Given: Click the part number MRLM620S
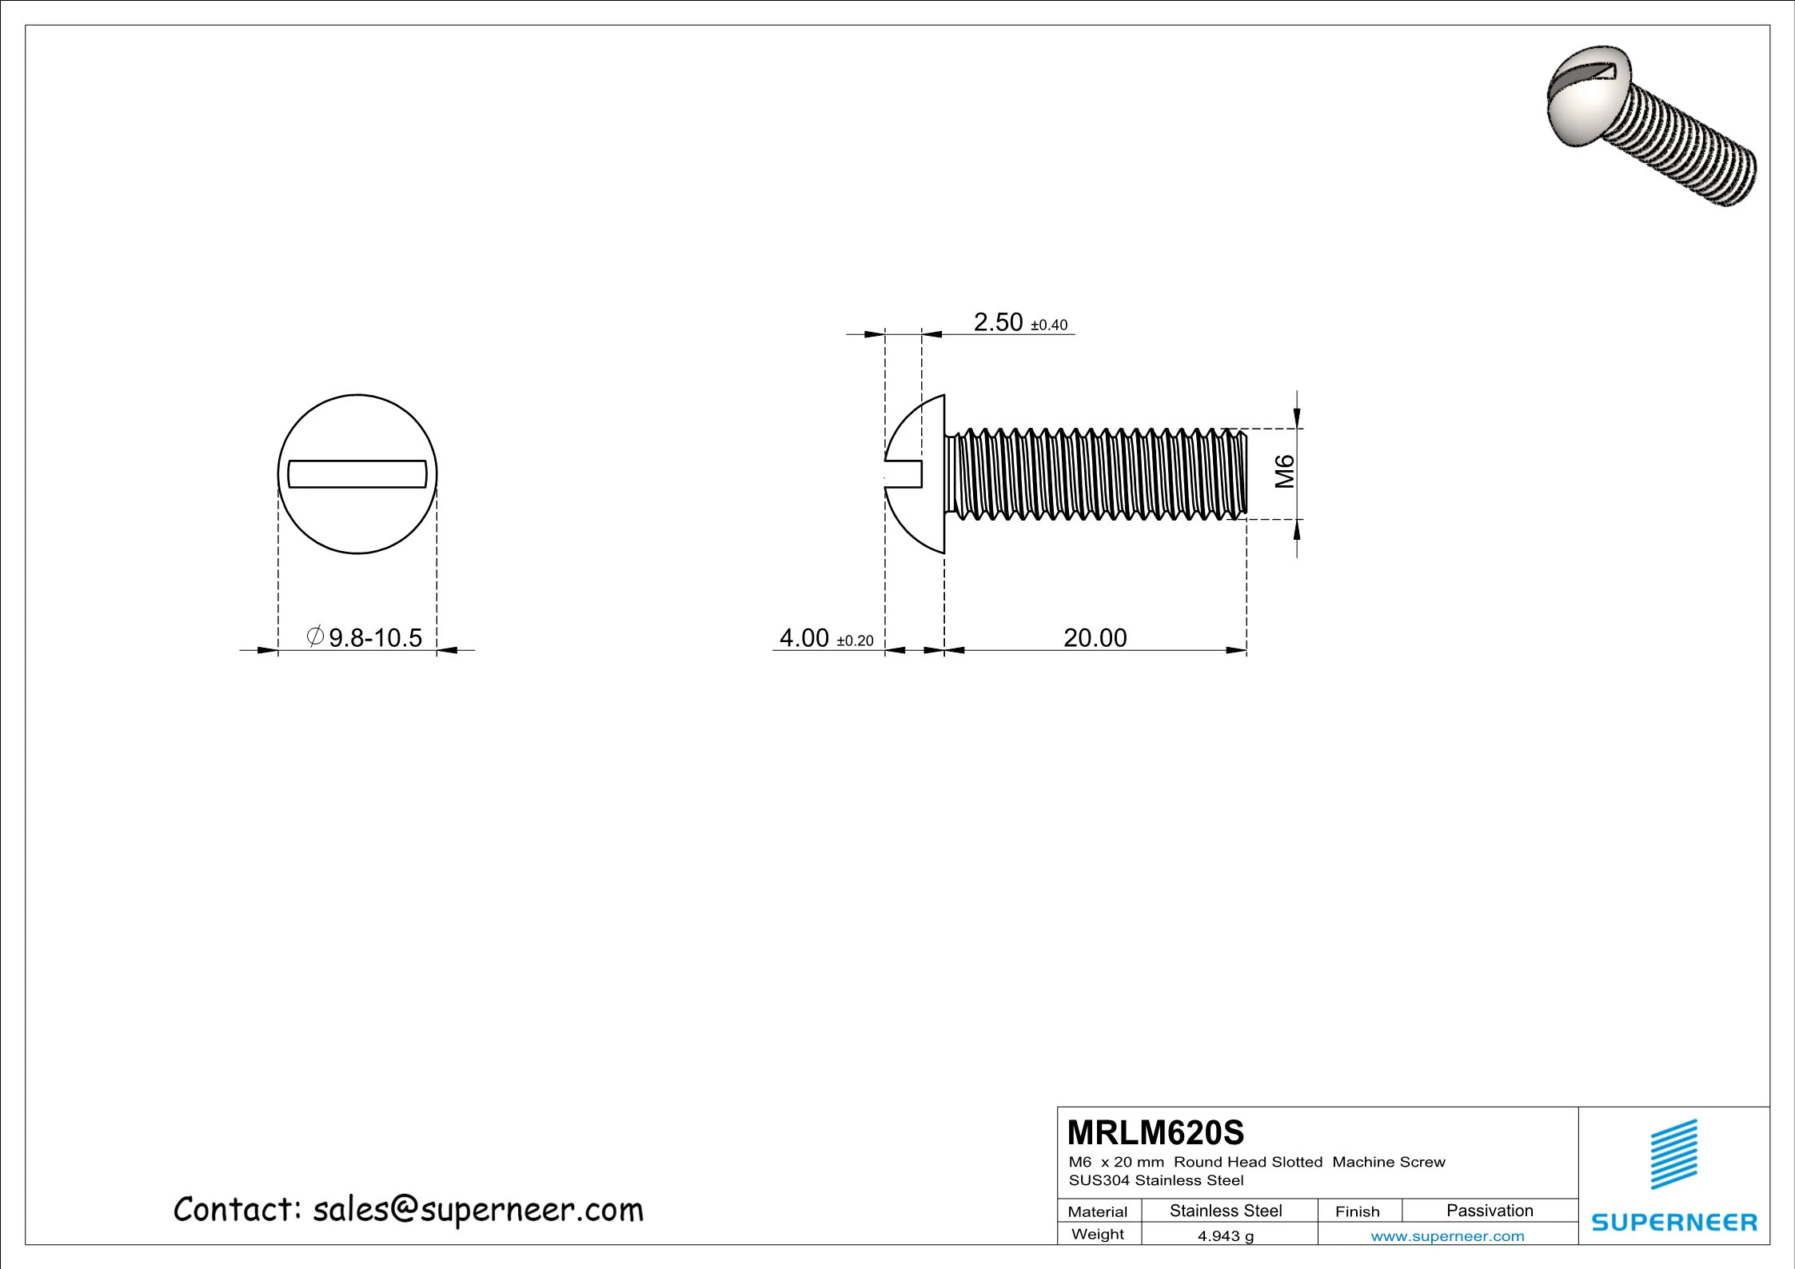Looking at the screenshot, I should (1155, 1133).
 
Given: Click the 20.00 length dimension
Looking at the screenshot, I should (1095, 638).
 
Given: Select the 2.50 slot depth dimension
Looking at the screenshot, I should (998, 322).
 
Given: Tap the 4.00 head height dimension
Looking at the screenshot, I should (804, 638).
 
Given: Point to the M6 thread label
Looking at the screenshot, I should (1284, 471).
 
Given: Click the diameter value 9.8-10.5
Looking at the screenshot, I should (375, 638).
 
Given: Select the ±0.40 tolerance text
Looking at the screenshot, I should (1049, 325).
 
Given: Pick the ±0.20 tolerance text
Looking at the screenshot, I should (855, 641).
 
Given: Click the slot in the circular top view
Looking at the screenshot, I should (357, 473).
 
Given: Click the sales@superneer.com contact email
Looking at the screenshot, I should (477, 1210).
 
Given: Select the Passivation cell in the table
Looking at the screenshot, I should (1489, 1211).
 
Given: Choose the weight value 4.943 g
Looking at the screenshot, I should (1225, 1235).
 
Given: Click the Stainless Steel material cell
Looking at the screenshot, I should (1225, 1211).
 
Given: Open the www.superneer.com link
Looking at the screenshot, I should (1446, 1236).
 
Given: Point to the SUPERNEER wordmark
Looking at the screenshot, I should (1673, 1223).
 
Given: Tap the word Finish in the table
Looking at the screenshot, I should (1357, 1211).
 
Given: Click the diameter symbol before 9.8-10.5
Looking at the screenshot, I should (315, 636).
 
